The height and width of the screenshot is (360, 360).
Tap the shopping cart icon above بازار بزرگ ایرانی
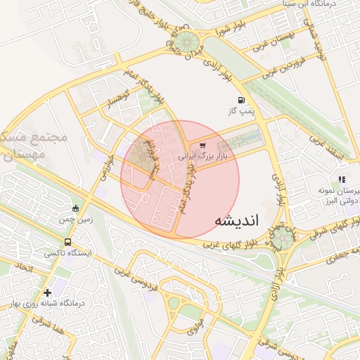[x=203, y=146]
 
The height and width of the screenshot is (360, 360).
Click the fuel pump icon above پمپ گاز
[x=243, y=101]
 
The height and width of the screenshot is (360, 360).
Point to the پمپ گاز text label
[x=243, y=111]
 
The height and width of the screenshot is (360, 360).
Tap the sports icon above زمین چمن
[x=76, y=208]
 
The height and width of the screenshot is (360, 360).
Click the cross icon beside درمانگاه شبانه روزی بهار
[x=47, y=292]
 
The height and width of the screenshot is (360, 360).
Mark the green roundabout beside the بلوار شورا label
[x=186, y=41]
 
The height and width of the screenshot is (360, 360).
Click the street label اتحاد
[x=22, y=269]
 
